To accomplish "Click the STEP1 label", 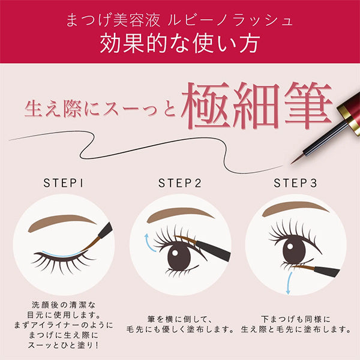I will [63, 182].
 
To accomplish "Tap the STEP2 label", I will [179, 182].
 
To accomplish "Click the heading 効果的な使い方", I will [179, 43].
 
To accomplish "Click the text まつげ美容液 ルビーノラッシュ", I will [179, 20].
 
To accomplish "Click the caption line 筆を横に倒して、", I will [179, 319].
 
